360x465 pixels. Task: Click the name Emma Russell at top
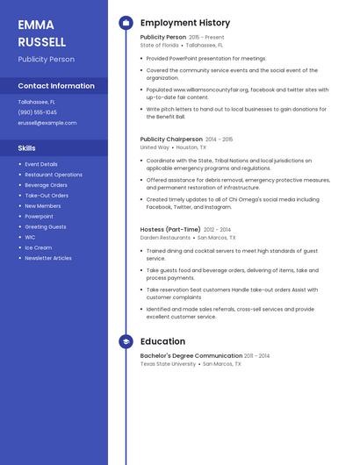click(x=42, y=33)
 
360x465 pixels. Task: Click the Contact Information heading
click(x=56, y=86)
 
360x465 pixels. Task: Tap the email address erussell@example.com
click(x=47, y=123)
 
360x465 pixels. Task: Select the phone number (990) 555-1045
click(x=38, y=112)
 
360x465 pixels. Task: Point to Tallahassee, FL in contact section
click(x=37, y=102)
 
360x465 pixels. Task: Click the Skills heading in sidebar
click(x=27, y=148)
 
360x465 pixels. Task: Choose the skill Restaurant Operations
click(x=54, y=175)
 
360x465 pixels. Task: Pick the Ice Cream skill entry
click(x=39, y=247)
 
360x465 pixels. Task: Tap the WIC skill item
click(x=30, y=237)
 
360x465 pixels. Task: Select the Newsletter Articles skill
click(x=48, y=258)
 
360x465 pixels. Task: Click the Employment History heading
click(x=185, y=23)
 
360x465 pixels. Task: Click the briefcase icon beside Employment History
click(x=126, y=23)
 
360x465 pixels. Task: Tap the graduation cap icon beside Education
click(x=126, y=341)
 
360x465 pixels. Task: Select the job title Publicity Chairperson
click(x=171, y=139)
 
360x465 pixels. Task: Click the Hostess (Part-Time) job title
click(x=170, y=229)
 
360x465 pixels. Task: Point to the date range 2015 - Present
click(x=206, y=38)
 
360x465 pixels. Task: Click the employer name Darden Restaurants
click(x=165, y=238)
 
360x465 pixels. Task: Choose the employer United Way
click(x=155, y=147)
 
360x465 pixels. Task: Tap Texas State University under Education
click(x=168, y=363)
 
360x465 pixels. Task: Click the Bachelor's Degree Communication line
click(x=191, y=355)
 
